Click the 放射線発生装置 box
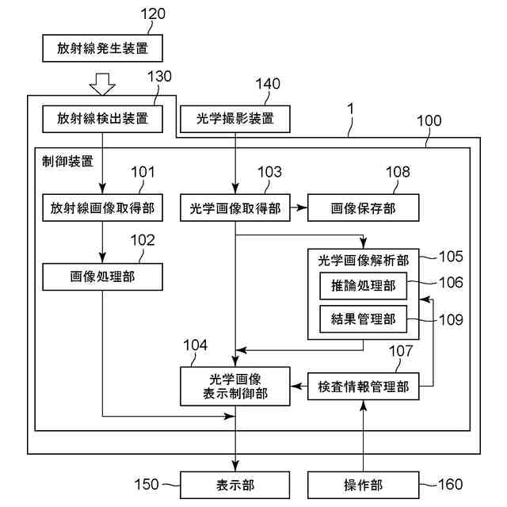coord(102,48)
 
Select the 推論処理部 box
coord(363,285)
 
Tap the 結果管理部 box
coord(363,319)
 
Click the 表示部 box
coord(234,484)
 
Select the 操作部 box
coord(363,484)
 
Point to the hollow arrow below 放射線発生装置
coord(103,81)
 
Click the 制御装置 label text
coord(67,161)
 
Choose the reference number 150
coord(146,484)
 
